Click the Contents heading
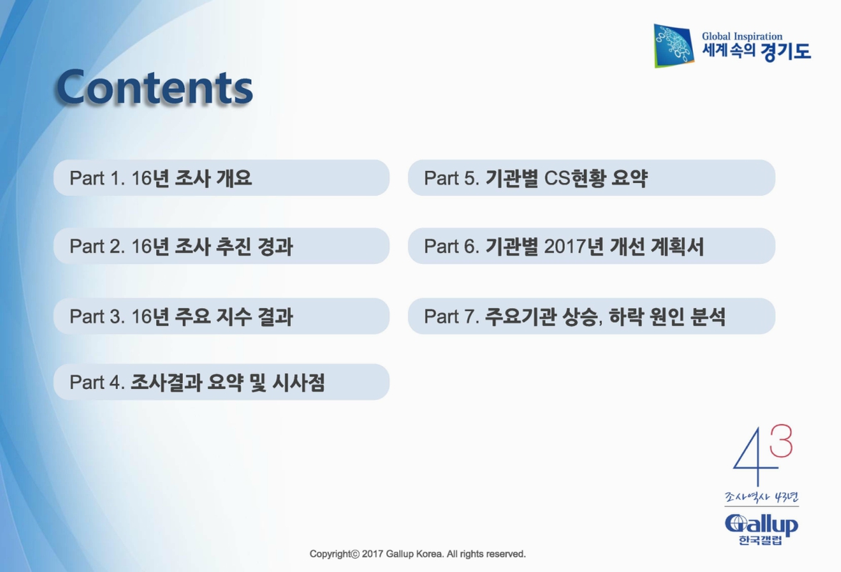(154, 87)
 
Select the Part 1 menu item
(221, 178)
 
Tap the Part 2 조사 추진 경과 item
(221, 247)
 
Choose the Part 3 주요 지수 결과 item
(221, 316)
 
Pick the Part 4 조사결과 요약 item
(221, 383)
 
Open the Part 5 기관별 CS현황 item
(591, 178)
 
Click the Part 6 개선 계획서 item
(591, 247)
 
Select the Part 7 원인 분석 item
(591, 316)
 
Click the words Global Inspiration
(742, 36)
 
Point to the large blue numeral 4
(749, 458)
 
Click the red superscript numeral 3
(781, 441)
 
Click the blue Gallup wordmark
(761, 524)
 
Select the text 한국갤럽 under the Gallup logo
(760, 541)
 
